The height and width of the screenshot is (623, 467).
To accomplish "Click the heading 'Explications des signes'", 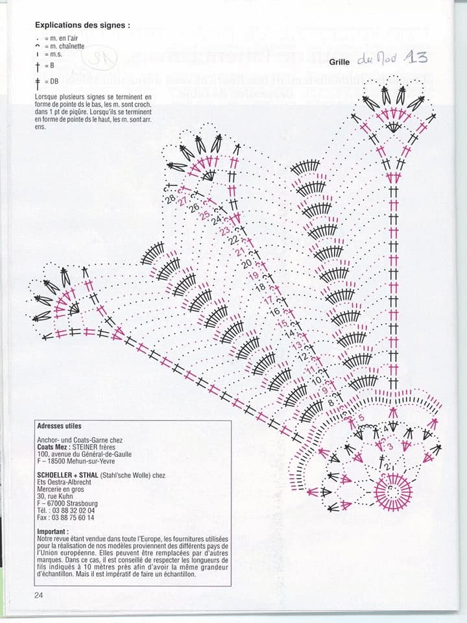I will [x=82, y=25].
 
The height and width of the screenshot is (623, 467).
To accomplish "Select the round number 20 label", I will [x=246, y=264].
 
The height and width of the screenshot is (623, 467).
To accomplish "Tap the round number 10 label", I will [x=317, y=380].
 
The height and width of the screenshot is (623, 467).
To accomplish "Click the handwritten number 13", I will [x=415, y=57].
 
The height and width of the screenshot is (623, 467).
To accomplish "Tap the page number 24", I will [x=40, y=594].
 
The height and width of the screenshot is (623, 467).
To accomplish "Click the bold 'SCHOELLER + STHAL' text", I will [x=68, y=476].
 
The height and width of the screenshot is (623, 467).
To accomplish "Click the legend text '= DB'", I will [x=54, y=81].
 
